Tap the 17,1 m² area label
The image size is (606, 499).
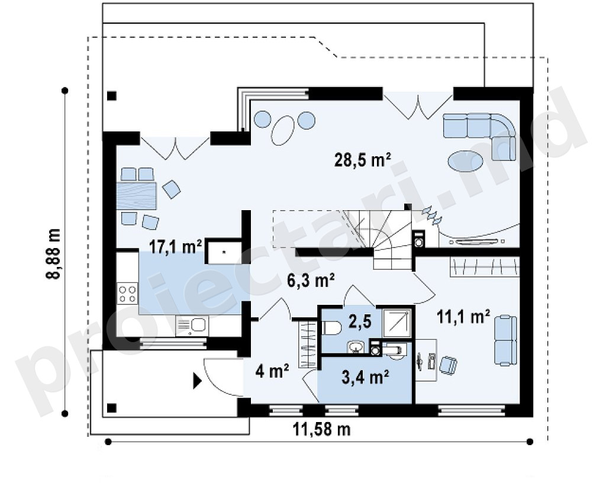tap(176, 247)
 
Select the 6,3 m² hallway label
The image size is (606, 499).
tap(311, 280)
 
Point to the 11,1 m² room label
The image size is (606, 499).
tap(463, 317)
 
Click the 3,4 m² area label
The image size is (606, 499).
tap(365, 377)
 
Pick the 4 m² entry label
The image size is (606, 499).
tap(272, 372)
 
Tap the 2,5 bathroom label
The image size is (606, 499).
tap(360, 321)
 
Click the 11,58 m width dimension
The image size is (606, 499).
tap(321, 429)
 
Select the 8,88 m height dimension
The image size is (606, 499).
tap(54, 253)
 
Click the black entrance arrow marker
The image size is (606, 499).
tap(198, 381)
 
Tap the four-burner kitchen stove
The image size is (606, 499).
tap(128, 294)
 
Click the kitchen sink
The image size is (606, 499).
tap(192, 326)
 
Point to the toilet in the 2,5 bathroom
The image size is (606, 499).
tap(331, 329)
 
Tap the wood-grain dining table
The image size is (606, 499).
tap(136, 195)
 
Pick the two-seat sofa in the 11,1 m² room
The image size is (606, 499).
tap(505, 340)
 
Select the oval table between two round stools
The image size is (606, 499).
tap(283, 130)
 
